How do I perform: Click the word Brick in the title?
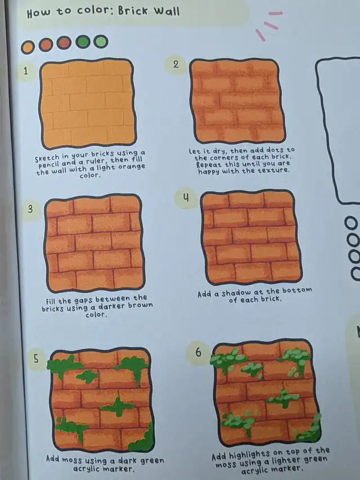(133, 11)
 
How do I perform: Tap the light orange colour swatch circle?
(28, 47)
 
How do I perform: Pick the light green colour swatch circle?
(101, 41)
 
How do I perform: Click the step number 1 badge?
(26, 71)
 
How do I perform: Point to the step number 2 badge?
(175, 64)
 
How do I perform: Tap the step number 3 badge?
(30, 209)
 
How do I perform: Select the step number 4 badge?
(186, 198)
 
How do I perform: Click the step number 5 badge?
(36, 359)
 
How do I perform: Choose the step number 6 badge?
(198, 352)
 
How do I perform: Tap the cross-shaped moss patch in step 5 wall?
(117, 406)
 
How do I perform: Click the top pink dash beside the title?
(276, 14)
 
